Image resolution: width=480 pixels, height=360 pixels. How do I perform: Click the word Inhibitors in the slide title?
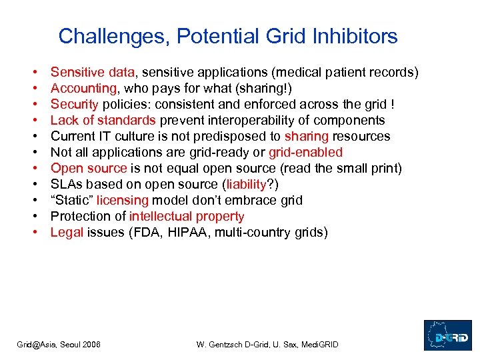pyautogui.click(x=357, y=36)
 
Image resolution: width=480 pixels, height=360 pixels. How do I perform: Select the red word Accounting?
pyautogui.click(x=83, y=88)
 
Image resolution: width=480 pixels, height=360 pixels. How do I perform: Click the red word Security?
pyautogui.click(x=74, y=104)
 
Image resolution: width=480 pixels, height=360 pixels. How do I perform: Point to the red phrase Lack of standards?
pyautogui.click(x=103, y=120)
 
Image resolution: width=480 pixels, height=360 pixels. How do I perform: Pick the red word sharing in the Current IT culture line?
pyautogui.click(x=307, y=136)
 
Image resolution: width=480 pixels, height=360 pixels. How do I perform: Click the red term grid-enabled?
pyautogui.click(x=305, y=152)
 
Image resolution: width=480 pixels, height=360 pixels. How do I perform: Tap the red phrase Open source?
pyautogui.click(x=88, y=168)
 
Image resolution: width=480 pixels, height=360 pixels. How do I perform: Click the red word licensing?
pyautogui.click(x=123, y=200)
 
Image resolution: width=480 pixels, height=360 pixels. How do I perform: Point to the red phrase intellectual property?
pyautogui.click(x=187, y=216)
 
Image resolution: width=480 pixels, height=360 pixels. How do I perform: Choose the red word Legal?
pyautogui.click(x=67, y=232)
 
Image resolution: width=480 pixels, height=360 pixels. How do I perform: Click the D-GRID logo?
pyautogui.click(x=447, y=335)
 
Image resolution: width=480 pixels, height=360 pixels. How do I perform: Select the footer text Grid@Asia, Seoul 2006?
pyautogui.click(x=59, y=344)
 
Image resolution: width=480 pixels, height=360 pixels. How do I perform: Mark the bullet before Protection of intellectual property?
pyautogui.click(x=33, y=217)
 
